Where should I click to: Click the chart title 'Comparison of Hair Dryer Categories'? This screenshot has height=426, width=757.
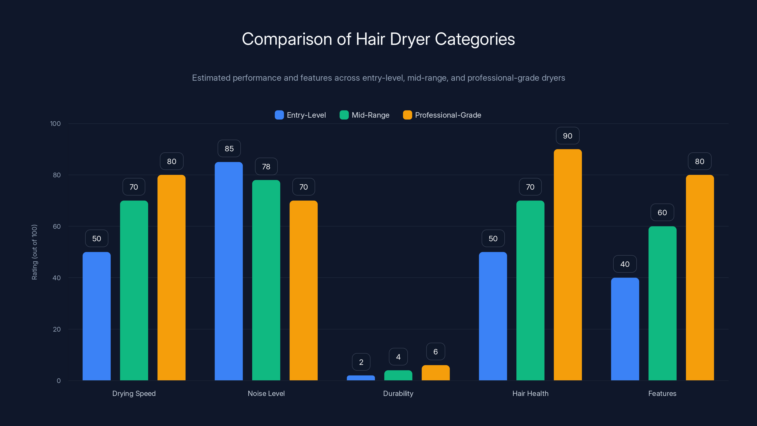click(378, 39)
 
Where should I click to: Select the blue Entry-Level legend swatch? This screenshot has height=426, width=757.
click(279, 115)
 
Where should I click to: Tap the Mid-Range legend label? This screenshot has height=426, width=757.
click(370, 115)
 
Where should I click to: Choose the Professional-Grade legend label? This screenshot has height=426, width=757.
click(448, 115)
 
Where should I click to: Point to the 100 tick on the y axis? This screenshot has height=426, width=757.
click(55, 124)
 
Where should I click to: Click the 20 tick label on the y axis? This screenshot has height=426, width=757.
click(57, 329)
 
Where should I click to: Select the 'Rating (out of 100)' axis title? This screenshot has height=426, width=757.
click(34, 252)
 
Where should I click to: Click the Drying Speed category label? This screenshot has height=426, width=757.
click(134, 393)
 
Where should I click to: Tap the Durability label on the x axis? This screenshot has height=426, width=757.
click(398, 393)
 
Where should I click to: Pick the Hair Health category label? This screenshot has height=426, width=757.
click(530, 393)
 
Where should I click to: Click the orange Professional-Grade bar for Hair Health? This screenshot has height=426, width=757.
click(568, 265)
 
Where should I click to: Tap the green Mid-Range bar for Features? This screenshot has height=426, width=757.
click(662, 303)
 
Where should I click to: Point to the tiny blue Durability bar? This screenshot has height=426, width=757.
click(361, 378)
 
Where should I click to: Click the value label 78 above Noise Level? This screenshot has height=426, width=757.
click(266, 166)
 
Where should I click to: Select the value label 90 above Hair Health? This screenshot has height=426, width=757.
click(568, 136)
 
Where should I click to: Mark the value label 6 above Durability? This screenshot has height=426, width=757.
click(436, 352)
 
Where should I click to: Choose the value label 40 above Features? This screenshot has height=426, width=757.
click(625, 264)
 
